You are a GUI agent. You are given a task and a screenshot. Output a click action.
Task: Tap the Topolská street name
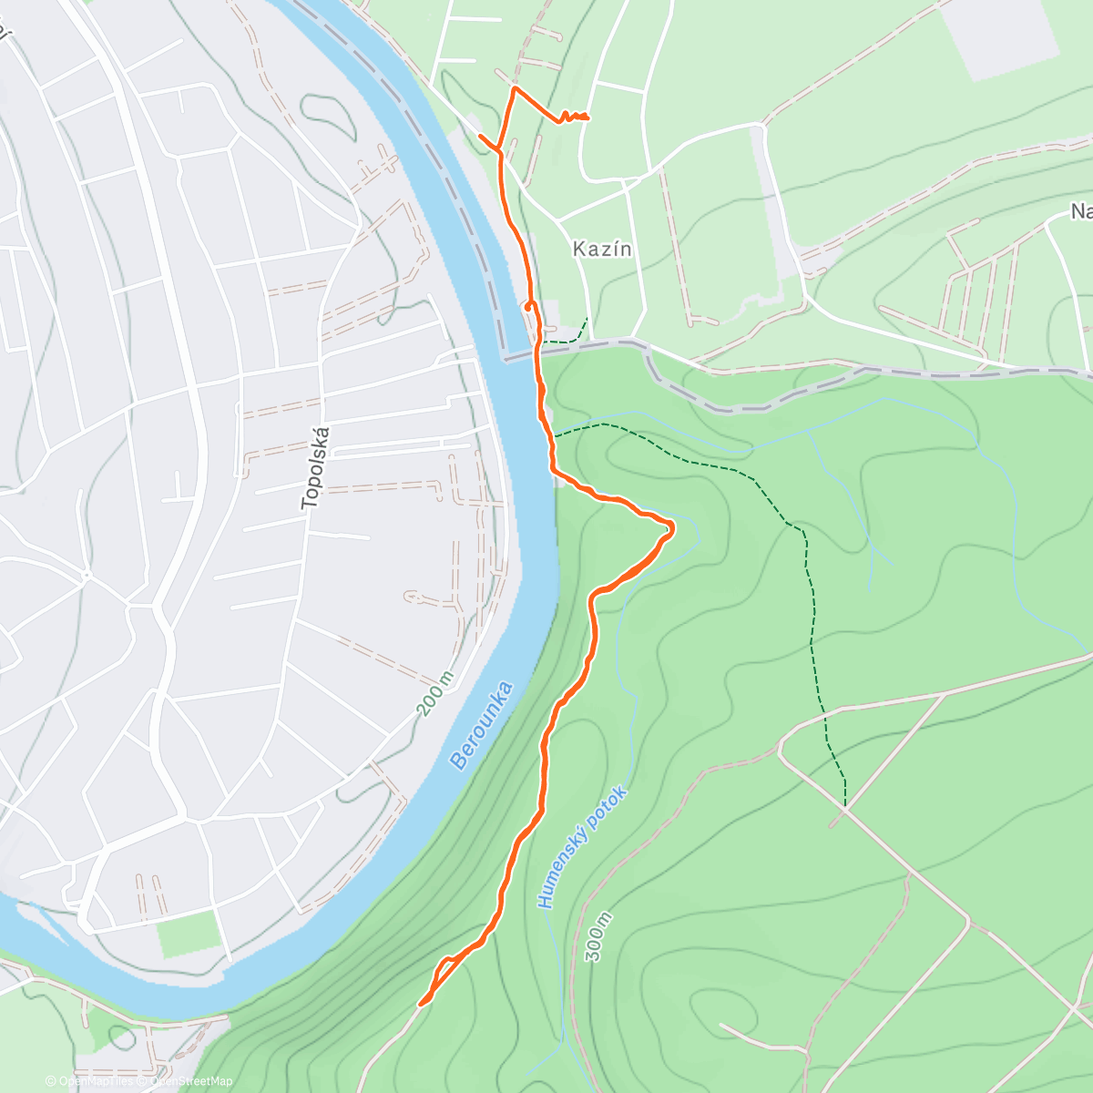(314, 466)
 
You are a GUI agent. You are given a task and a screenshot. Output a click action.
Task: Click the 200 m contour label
(434, 694)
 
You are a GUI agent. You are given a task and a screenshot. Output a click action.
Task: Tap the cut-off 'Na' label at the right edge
(1081, 212)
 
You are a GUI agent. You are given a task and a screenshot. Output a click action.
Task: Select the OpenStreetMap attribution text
(191, 1081)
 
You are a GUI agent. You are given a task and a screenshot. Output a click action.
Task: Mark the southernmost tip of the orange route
(421, 1005)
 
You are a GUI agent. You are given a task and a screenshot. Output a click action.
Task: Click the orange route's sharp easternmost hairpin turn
(672, 526)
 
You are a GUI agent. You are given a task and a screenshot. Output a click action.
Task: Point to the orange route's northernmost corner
(515, 88)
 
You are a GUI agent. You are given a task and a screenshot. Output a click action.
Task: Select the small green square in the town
(189, 933)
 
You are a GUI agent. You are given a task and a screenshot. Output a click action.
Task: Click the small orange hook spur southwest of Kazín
(527, 307)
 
